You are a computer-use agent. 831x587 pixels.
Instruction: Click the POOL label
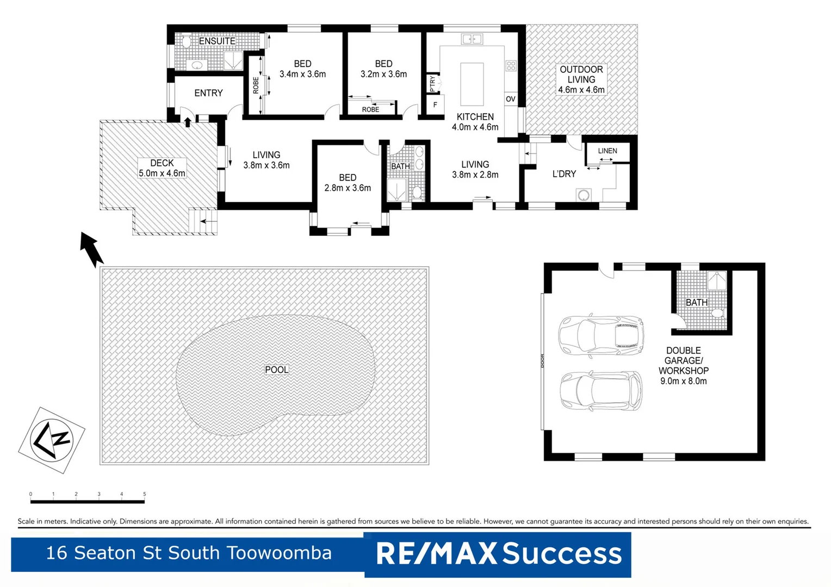276,370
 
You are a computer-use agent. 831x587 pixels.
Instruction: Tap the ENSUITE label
217,41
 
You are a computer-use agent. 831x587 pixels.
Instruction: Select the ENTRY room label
208,93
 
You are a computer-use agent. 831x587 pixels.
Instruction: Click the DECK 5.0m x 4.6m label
162,168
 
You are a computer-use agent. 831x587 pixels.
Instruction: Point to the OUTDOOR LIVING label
581,79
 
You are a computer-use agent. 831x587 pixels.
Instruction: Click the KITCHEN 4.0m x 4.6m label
475,122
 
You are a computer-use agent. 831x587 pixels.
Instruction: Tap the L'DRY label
564,174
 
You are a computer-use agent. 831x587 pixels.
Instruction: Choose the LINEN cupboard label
607,151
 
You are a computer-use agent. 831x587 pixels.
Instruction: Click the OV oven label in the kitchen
510,99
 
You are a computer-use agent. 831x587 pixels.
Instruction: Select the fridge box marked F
435,104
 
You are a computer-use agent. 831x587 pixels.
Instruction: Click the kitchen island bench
472,84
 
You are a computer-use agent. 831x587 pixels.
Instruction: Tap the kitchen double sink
472,39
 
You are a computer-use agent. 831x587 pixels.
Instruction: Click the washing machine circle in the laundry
584,195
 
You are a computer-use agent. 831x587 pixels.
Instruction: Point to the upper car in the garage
601,334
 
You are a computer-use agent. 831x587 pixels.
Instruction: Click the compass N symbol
52,440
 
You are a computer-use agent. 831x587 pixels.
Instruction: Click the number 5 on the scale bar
145,494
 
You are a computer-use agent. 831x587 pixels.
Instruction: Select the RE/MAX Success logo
498,554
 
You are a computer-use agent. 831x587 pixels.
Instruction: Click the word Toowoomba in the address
279,553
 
